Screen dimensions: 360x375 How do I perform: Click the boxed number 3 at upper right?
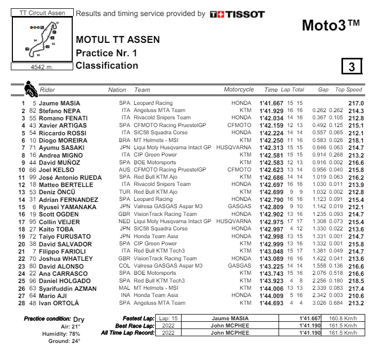coord(351,67)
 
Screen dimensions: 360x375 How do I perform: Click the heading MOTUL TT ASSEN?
coord(118,40)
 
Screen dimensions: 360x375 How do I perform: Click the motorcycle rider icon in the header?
coord(31,89)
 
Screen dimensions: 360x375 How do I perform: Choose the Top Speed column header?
coord(349,90)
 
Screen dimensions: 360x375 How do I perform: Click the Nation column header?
coord(117,90)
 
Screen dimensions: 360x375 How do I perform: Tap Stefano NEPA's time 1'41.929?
coord(272,111)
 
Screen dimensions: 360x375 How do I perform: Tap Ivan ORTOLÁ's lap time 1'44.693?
coord(272,303)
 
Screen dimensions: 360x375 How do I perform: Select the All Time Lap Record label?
coord(128,333)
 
